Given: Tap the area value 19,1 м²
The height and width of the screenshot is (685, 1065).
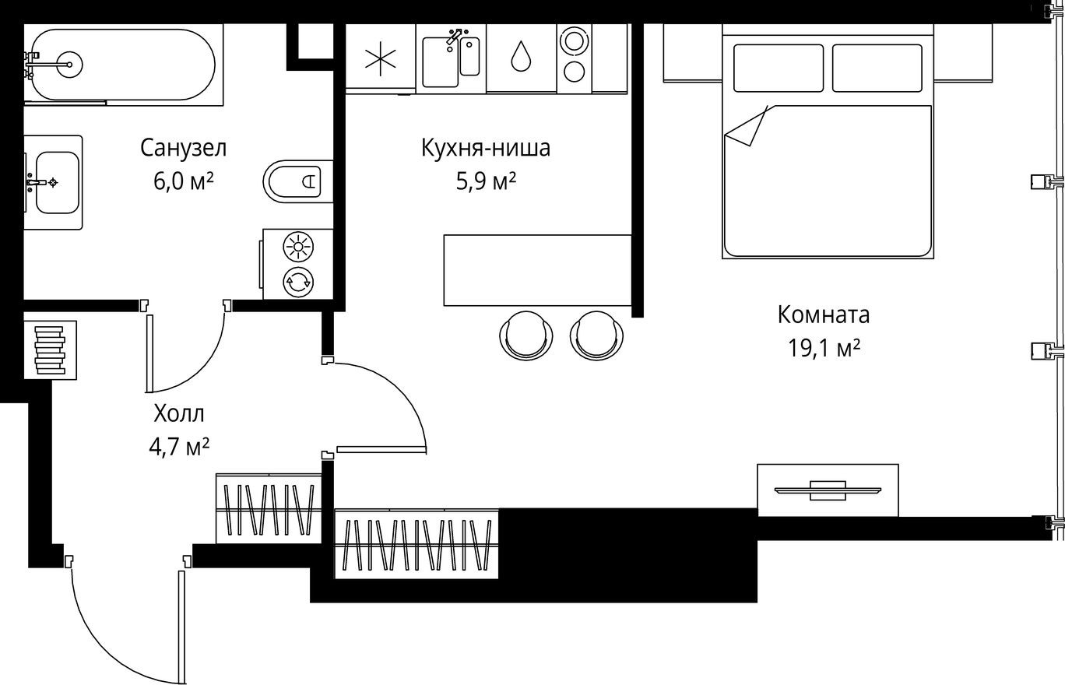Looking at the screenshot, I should point(824,348).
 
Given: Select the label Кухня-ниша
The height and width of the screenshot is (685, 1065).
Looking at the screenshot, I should point(485,147).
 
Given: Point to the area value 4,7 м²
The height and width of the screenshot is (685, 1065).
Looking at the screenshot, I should point(179,447).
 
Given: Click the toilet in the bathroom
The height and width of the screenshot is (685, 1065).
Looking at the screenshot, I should point(297,181).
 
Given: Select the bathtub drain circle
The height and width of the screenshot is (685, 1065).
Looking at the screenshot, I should point(69,65).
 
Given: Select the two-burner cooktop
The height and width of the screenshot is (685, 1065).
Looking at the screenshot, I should point(575,56).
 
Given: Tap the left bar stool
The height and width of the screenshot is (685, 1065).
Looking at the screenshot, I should point(526,335).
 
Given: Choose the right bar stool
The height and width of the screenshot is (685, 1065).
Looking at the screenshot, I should point(597,335).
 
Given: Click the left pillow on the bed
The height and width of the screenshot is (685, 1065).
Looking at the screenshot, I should point(778,68).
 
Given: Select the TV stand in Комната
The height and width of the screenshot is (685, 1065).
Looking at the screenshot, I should point(828,490).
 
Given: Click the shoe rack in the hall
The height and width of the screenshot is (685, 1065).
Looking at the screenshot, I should point(50,350).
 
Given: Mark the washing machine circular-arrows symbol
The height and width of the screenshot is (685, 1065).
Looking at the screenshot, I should point(297,282).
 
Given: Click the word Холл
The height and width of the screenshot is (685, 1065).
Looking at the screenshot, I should point(179,413).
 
